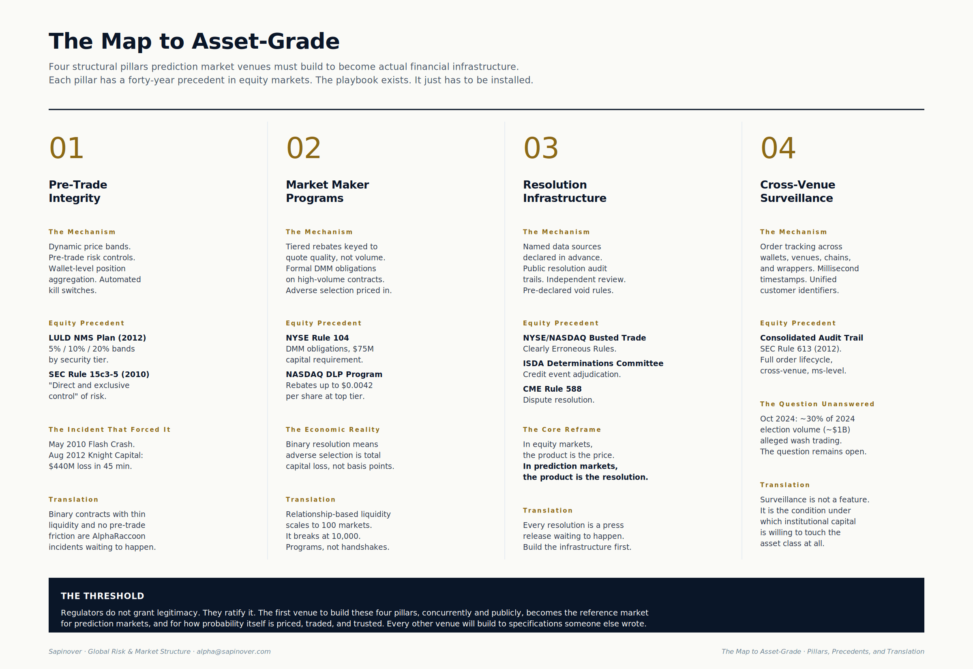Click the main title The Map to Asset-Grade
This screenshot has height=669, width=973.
194,41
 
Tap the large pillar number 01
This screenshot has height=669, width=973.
66,148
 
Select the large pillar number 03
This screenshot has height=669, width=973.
540,148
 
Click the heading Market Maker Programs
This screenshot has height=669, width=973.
327,191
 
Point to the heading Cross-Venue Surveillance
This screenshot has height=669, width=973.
797,191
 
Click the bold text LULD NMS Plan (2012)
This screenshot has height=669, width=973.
97,338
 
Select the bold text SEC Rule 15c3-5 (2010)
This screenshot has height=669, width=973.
99,374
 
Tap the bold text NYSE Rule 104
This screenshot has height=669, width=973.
317,338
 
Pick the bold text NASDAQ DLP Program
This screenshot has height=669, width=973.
334,374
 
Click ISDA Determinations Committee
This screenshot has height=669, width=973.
593,363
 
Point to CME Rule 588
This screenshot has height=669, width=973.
552,389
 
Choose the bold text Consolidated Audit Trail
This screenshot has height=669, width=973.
811,338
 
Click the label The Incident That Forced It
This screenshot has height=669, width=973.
109,430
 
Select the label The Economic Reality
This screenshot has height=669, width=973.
333,430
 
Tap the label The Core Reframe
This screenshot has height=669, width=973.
562,430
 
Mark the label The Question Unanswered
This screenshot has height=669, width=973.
817,404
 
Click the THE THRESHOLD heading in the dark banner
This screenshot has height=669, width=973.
102,596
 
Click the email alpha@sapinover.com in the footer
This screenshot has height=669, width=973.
234,652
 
